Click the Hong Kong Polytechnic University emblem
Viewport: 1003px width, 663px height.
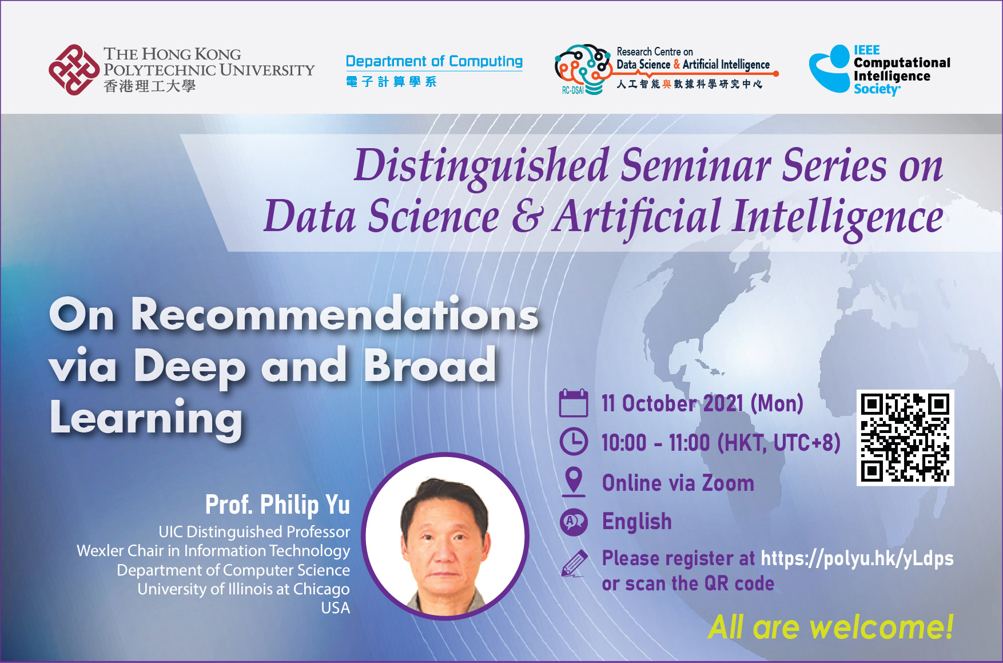point(74,70)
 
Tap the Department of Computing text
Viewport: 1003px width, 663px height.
point(434,61)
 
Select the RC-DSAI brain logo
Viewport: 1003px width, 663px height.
point(582,69)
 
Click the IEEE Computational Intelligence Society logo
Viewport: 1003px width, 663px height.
point(879,70)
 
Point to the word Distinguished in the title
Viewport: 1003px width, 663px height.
point(481,166)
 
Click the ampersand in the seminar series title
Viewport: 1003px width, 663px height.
point(526,217)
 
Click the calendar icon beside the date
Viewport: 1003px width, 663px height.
point(573,403)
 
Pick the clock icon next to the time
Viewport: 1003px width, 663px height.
point(573,442)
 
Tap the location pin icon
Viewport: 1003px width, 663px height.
point(573,481)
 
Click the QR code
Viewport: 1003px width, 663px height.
point(905,438)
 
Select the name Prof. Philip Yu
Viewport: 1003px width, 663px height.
point(277,505)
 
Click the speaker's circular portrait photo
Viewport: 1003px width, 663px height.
point(445,537)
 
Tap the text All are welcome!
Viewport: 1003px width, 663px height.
point(830,627)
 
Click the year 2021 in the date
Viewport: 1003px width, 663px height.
point(723,403)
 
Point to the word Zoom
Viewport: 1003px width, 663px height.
point(728,483)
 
